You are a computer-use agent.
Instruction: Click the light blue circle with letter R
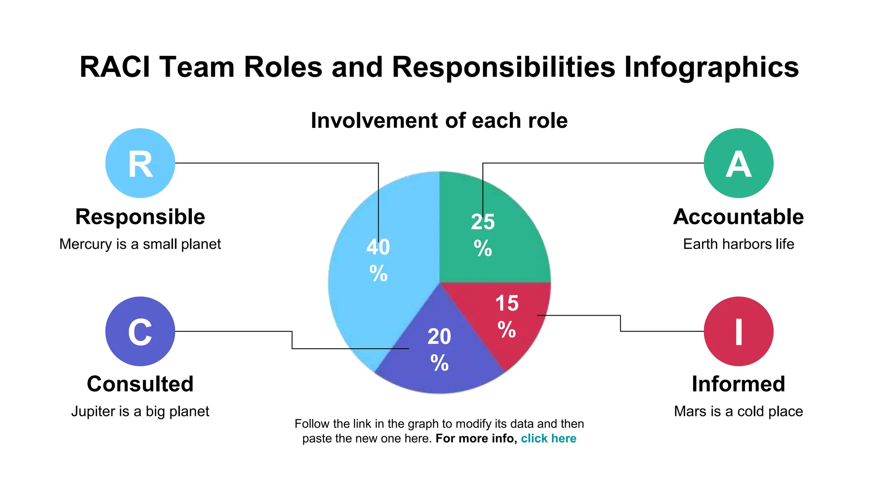pos(140,163)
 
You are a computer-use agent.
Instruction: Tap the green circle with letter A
pos(738,163)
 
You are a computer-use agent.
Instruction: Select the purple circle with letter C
pos(140,331)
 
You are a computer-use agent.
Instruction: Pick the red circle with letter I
pos(738,331)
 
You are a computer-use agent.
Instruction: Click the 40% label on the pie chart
pos(378,259)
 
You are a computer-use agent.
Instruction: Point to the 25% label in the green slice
pos(483,235)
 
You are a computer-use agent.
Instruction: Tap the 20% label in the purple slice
pos(439,349)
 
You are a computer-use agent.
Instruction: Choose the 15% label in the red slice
pos(507,316)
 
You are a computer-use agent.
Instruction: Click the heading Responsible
pos(140,217)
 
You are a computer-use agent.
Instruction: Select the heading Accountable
pos(738,217)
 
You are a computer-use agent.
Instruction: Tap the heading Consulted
pos(140,384)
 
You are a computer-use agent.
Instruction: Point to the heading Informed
pos(738,384)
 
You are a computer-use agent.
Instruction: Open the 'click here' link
pos(549,438)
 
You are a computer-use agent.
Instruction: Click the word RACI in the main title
pos(115,67)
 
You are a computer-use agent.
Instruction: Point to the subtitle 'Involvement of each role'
pos(439,120)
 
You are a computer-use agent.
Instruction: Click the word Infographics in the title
pos(711,67)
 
